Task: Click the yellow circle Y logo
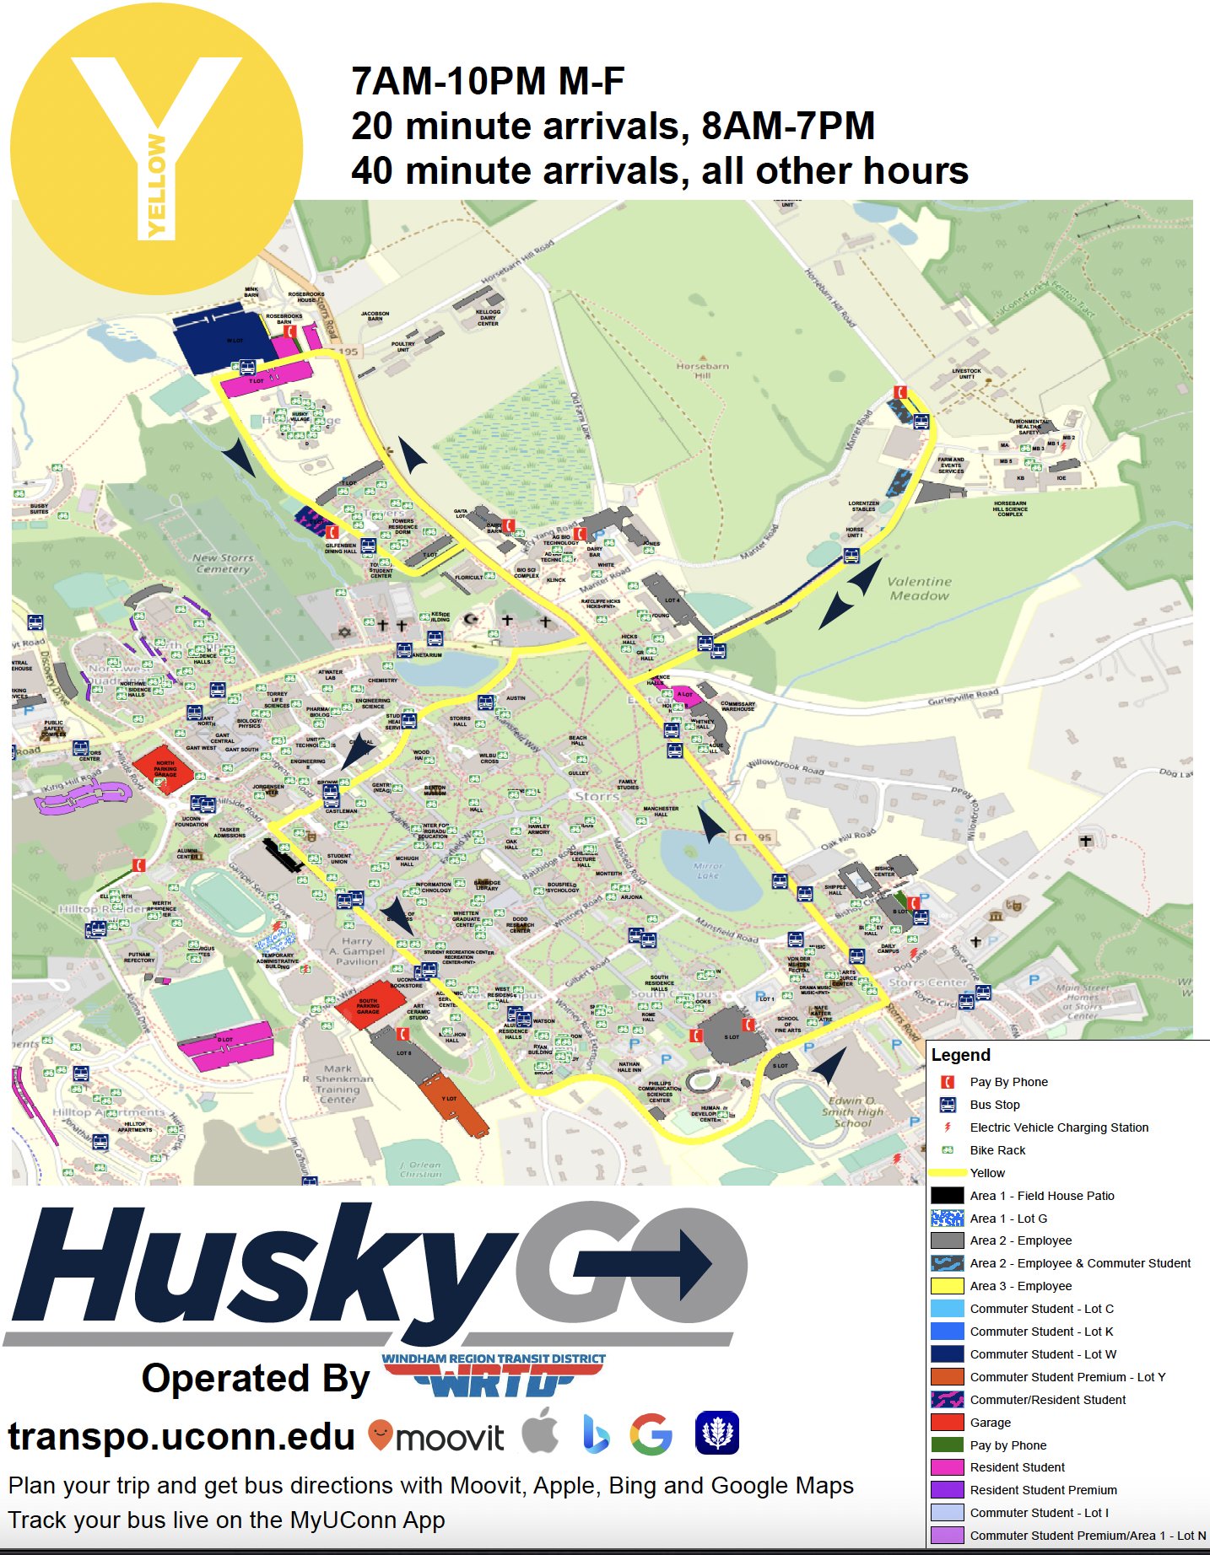[156, 149]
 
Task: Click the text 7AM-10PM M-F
[488, 82]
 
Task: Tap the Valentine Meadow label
[919, 589]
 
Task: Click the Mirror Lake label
[707, 870]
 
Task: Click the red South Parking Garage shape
[369, 1003]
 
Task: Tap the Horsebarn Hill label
[702, 371]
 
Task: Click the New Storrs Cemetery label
[222, 563]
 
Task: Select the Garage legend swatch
[947, 1422]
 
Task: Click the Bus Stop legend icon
[948, 1105]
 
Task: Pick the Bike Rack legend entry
[997, 1150]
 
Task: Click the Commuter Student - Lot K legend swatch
[947, 1332]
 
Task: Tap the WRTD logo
[494, 1375]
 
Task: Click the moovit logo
[437, 1436]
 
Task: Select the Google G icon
[651, 1434]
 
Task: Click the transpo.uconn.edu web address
[181, 1436]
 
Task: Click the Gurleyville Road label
[963, 697]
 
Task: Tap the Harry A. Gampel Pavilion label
[357, 950]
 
